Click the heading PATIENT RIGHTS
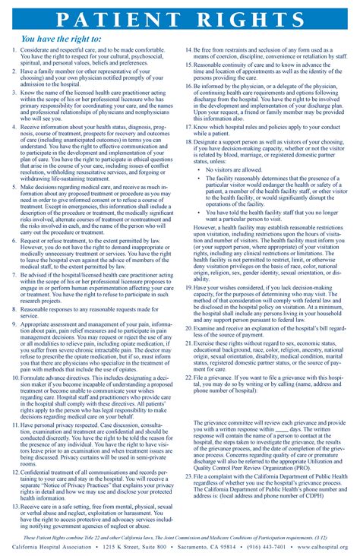(180, 18)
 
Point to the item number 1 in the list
(14, 50)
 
